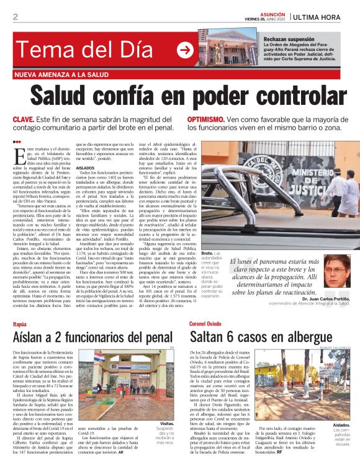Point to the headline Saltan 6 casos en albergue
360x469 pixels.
262,337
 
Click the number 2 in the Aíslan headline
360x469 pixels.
59,337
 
